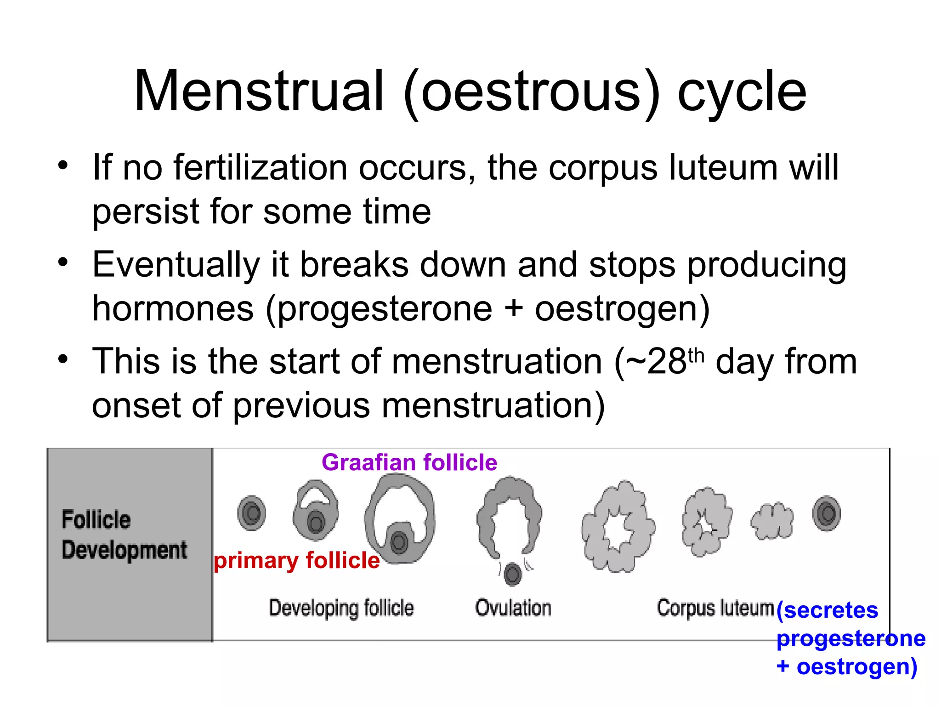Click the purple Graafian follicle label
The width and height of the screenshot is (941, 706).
click(409, 462)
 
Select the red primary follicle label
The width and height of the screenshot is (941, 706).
click(297, 560)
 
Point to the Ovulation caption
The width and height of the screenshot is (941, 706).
click(513, 608)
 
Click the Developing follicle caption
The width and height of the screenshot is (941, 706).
click(341, 608)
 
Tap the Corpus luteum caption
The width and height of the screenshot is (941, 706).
click(715, 608)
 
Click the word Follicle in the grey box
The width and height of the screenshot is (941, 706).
click(96, 520)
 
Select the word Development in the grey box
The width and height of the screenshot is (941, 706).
click(124, 550)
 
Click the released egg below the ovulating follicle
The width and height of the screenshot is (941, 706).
click(513, 574)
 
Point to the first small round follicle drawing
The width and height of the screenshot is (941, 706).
click(251, 513)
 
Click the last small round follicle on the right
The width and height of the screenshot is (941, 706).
click(827, 513)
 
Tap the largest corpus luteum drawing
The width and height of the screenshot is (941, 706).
click(618, 527)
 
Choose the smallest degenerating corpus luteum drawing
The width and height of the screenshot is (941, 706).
click(772, 521)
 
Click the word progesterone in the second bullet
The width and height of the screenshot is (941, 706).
click(385, 308)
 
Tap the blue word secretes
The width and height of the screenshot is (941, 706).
click(831, 610)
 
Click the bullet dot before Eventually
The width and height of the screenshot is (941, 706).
click(63, 262)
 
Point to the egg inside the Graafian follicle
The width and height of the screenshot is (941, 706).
click(399, 542)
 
